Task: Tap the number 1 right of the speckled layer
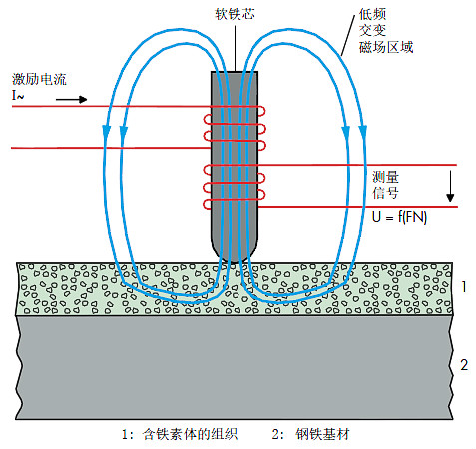point(462,285)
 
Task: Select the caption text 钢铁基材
point(330,435)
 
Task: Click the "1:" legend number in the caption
point(127,435)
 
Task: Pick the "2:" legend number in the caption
point(279,435)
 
